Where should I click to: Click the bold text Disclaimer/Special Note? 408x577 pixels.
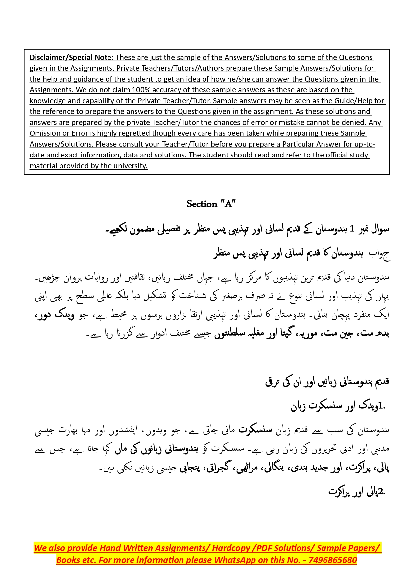pos(72,57)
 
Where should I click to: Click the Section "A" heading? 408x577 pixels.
pos(211,204)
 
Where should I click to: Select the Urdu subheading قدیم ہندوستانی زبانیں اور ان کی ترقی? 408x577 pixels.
pos(327,382)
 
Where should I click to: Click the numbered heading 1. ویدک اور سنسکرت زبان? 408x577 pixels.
pos(338,406)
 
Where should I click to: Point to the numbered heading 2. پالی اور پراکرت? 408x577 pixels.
pos(357,492)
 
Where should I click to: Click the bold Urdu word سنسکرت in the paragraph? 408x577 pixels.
pos(255,430)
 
